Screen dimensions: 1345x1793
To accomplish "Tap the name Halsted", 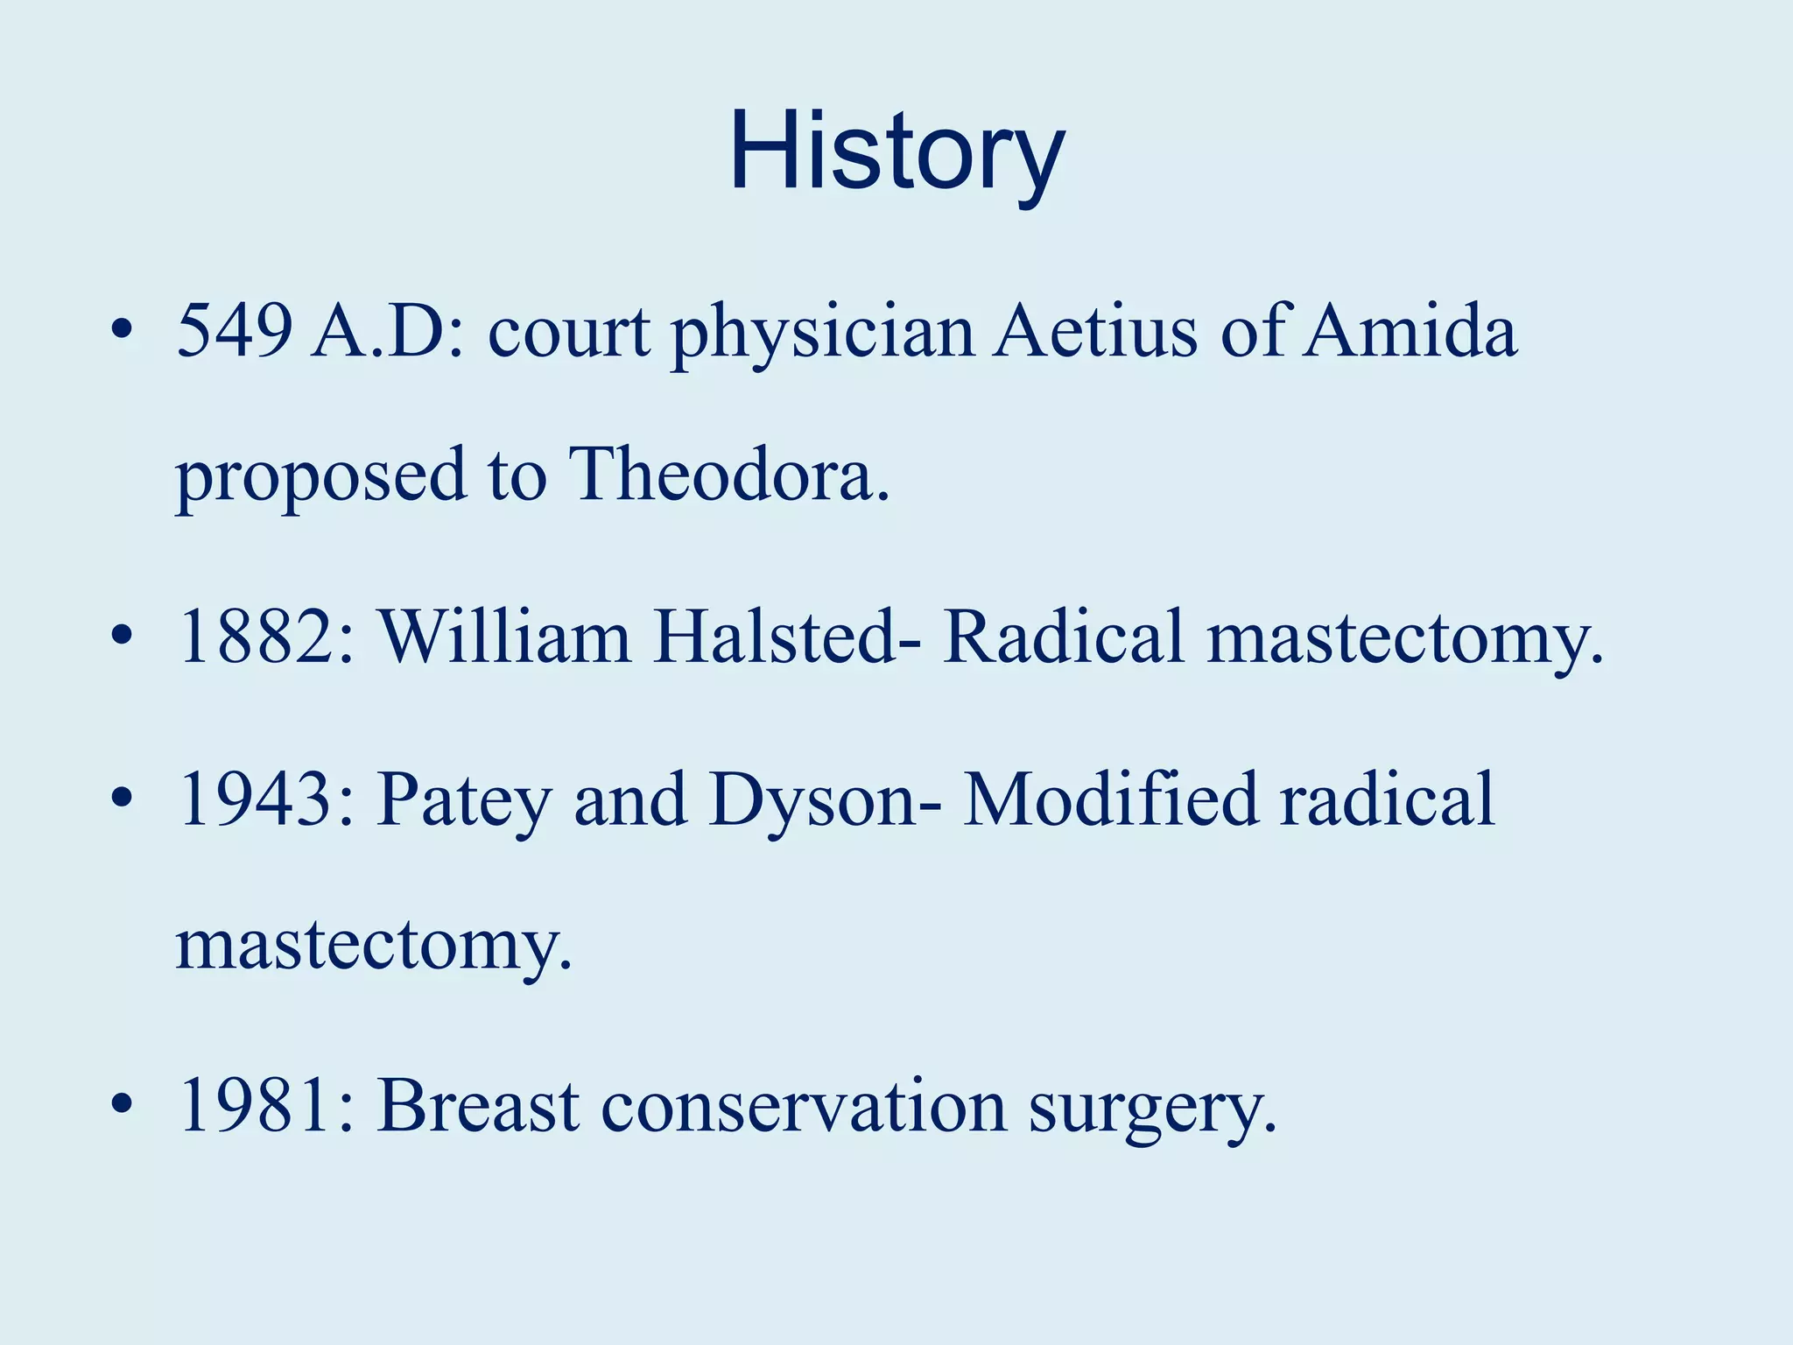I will pos(786,637).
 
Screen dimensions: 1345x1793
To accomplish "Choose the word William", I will pos(504,637).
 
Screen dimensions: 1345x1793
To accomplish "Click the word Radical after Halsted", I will pos(1064,637).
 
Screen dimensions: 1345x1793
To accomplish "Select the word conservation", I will pos(804,1105).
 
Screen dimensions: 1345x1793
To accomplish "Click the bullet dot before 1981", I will pos(122,1105).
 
